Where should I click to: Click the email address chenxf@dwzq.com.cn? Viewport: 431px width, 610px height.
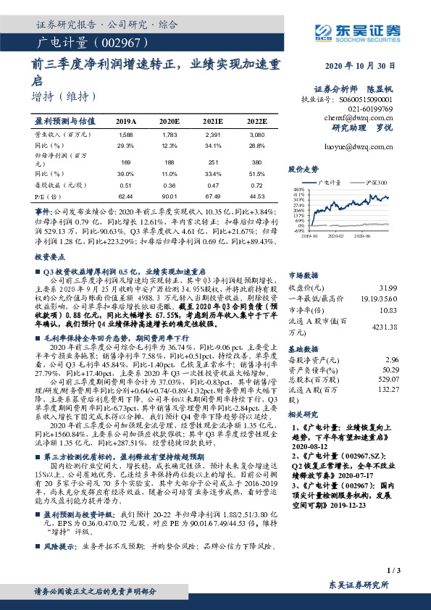coord(369,115)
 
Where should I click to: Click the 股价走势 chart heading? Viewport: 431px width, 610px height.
coord(304,169)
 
